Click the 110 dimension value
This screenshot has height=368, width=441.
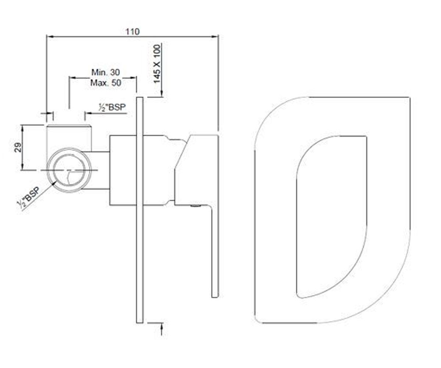click(133, 32)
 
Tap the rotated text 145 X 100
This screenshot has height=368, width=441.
click(157, 64)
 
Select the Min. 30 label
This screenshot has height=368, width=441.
click(105, 72)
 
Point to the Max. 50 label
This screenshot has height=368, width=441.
click(106, 83)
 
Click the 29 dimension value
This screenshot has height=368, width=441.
click(18, 148)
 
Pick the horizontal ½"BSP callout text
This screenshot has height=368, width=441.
click(112, 107)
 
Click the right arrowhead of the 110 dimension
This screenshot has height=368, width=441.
click(215, 36)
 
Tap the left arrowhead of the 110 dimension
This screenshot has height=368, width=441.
click(50, 36)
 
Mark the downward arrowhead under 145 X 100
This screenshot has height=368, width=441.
click(162, 93)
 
